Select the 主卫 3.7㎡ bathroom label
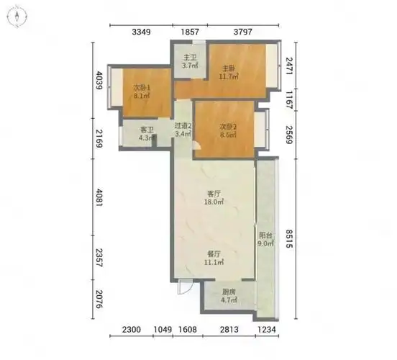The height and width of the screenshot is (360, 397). point(190,62)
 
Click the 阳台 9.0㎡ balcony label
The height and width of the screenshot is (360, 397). point(265,239)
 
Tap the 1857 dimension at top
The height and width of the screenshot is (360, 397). point(190,32)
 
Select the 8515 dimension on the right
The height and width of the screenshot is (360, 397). point(288,239)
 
